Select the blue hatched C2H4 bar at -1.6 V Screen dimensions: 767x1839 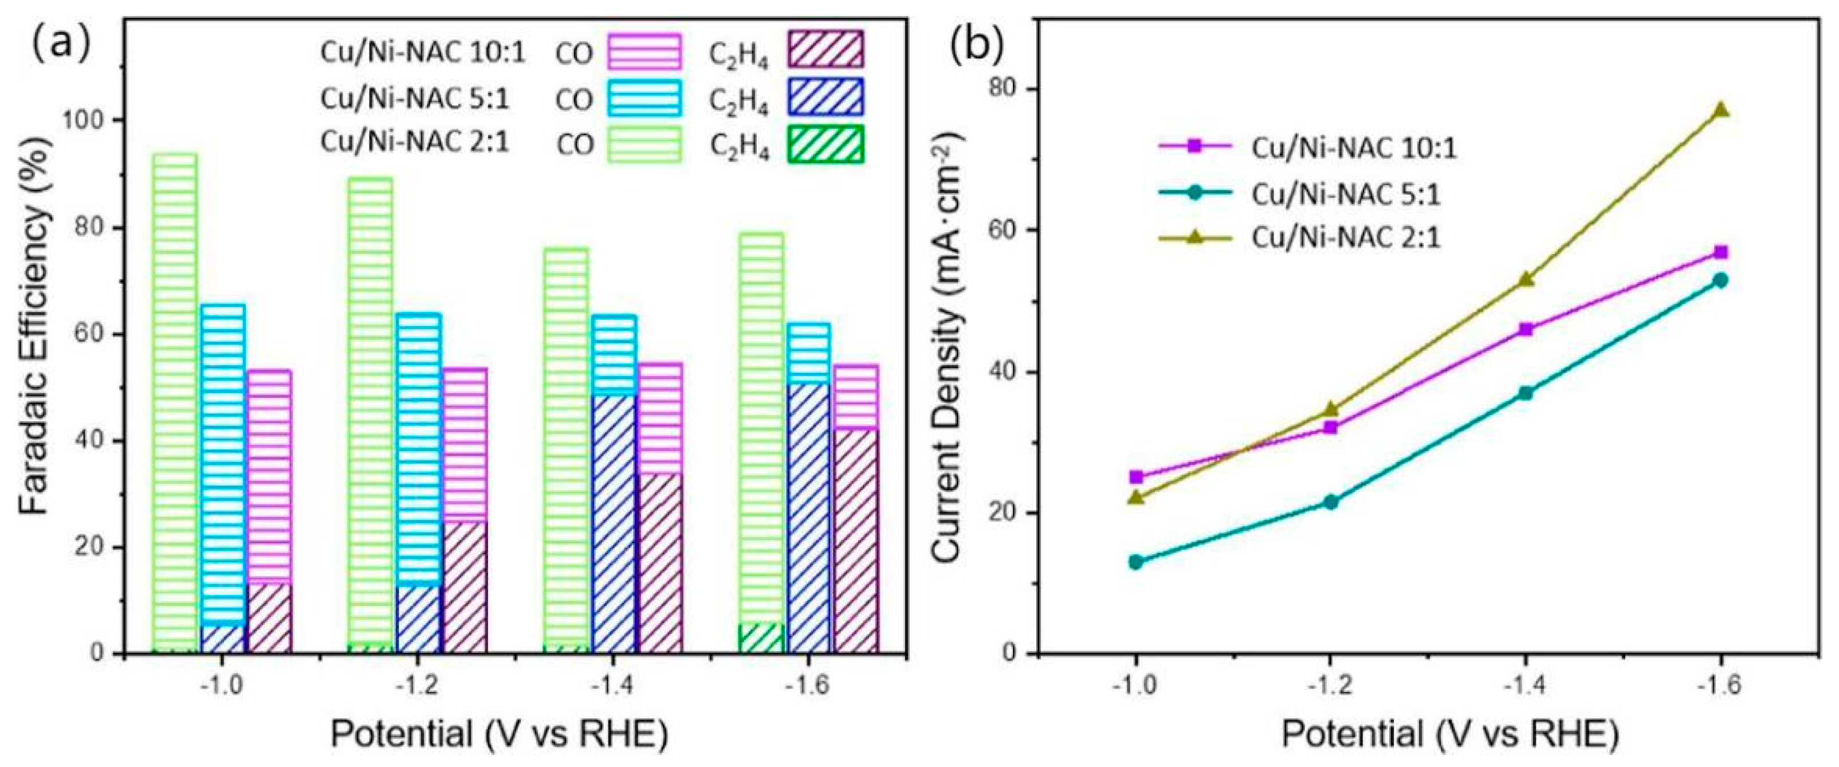point(809,518)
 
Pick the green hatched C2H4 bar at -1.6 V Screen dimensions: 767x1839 point(761,638)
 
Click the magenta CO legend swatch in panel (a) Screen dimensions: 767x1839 point(644,52)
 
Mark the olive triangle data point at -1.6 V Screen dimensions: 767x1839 point(1720,110)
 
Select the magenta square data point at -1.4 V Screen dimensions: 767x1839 point(1526,329)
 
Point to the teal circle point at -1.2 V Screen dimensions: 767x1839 point(1331,502)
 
